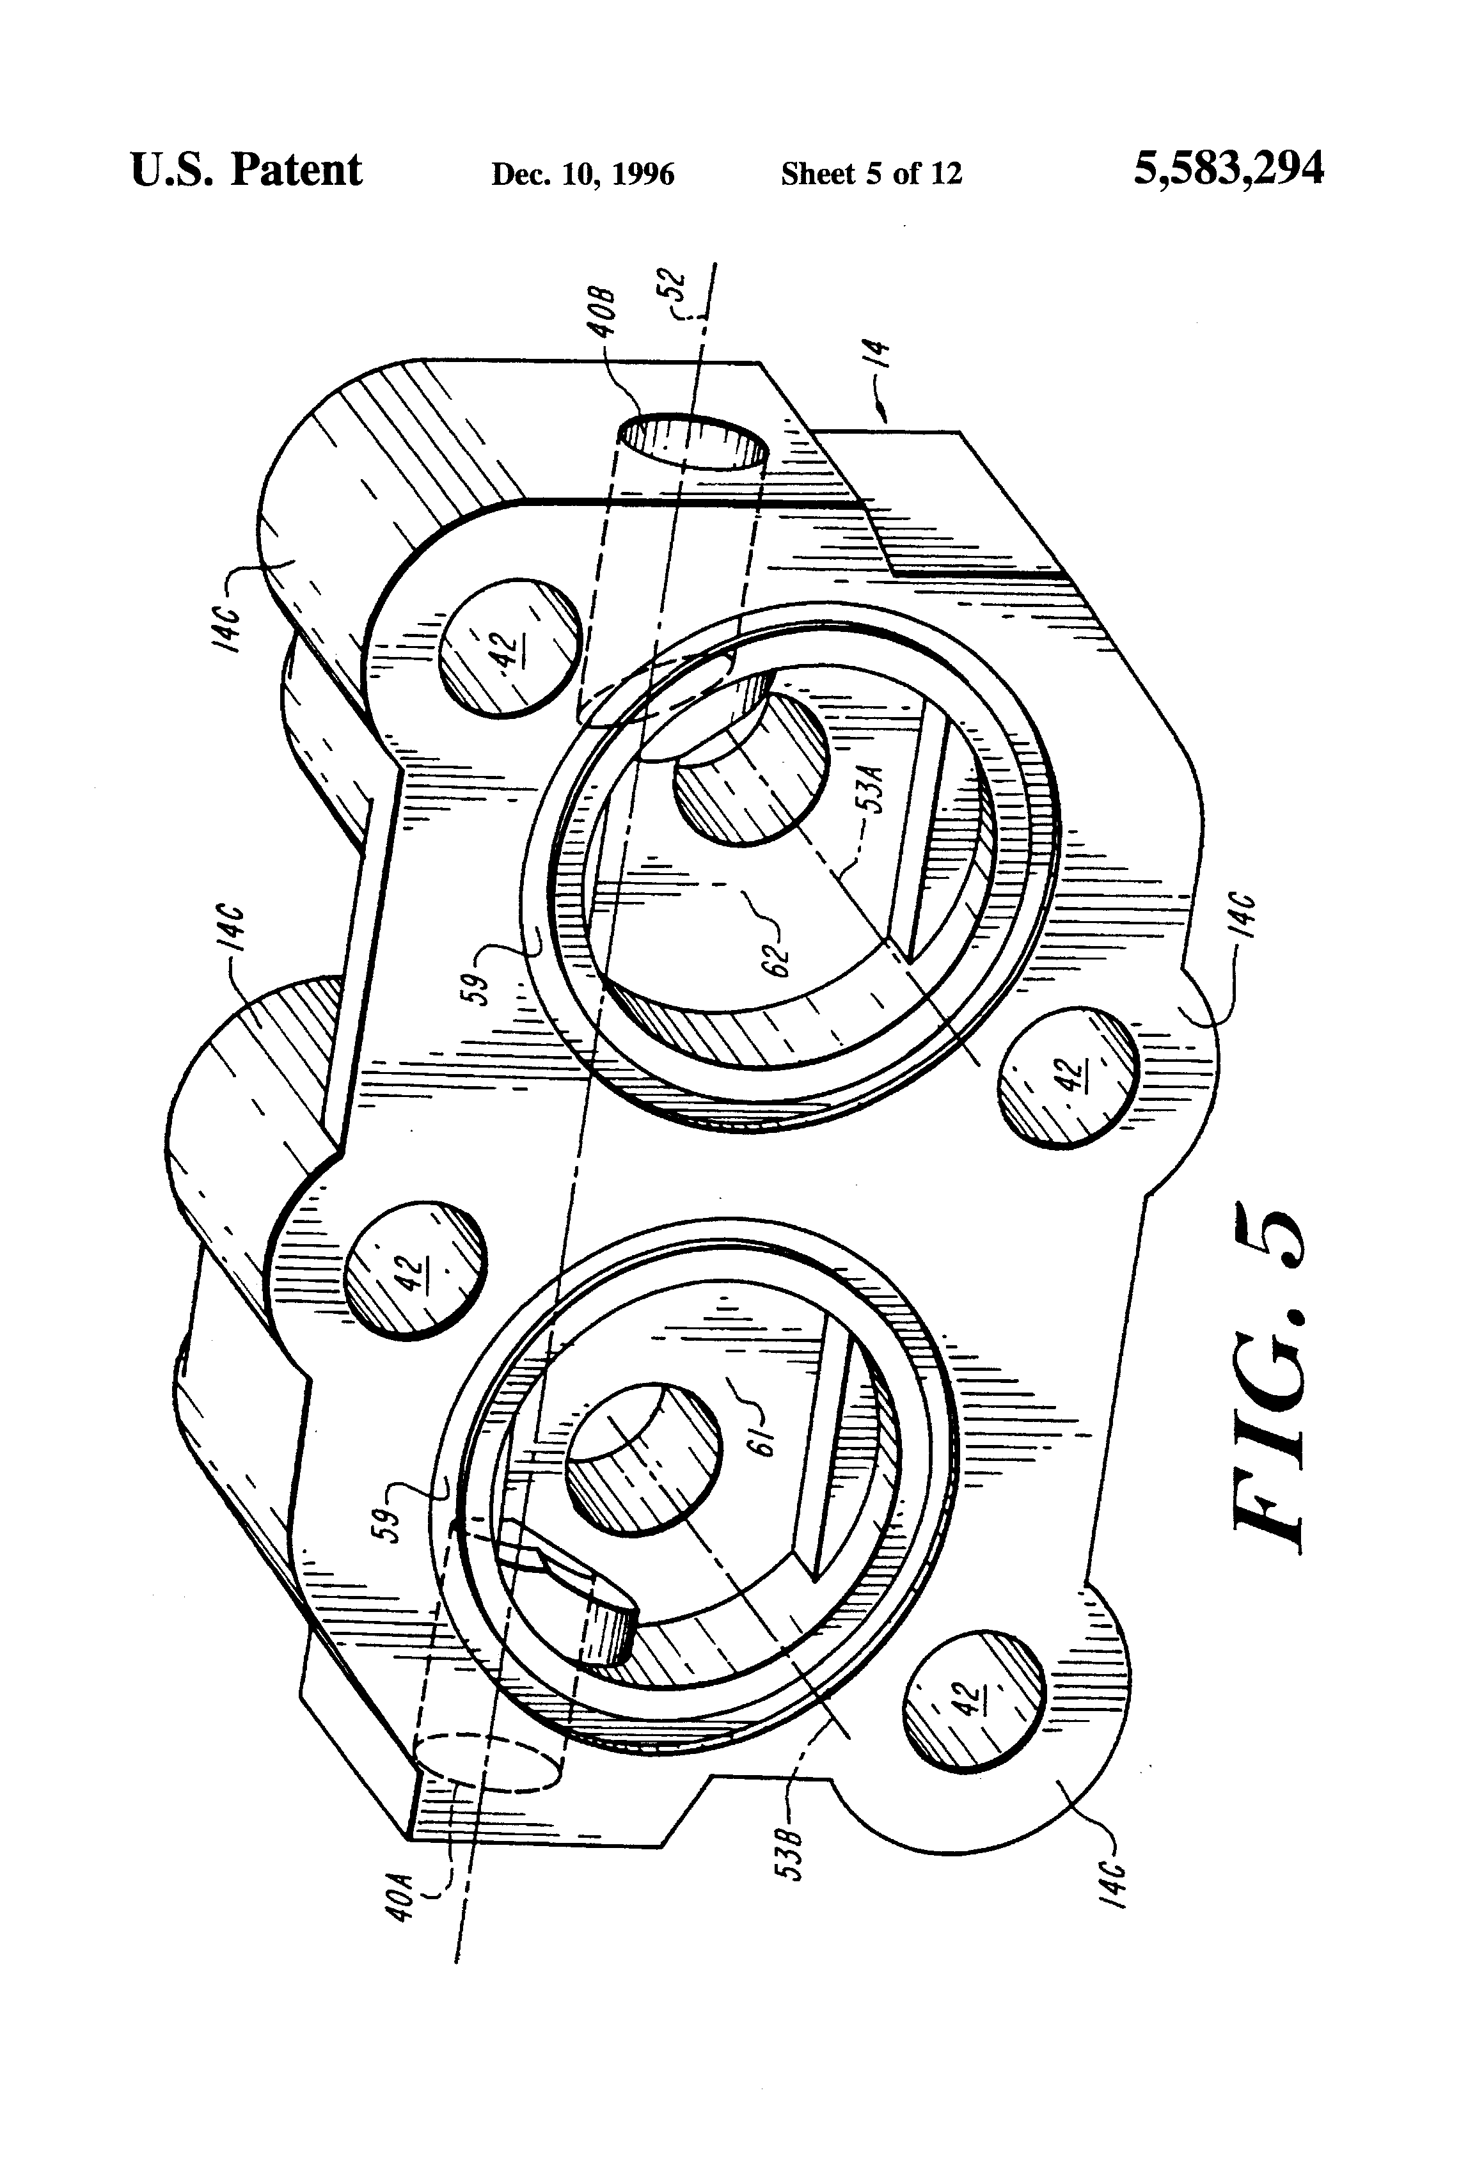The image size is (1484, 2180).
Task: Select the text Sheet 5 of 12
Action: [871, 173]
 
